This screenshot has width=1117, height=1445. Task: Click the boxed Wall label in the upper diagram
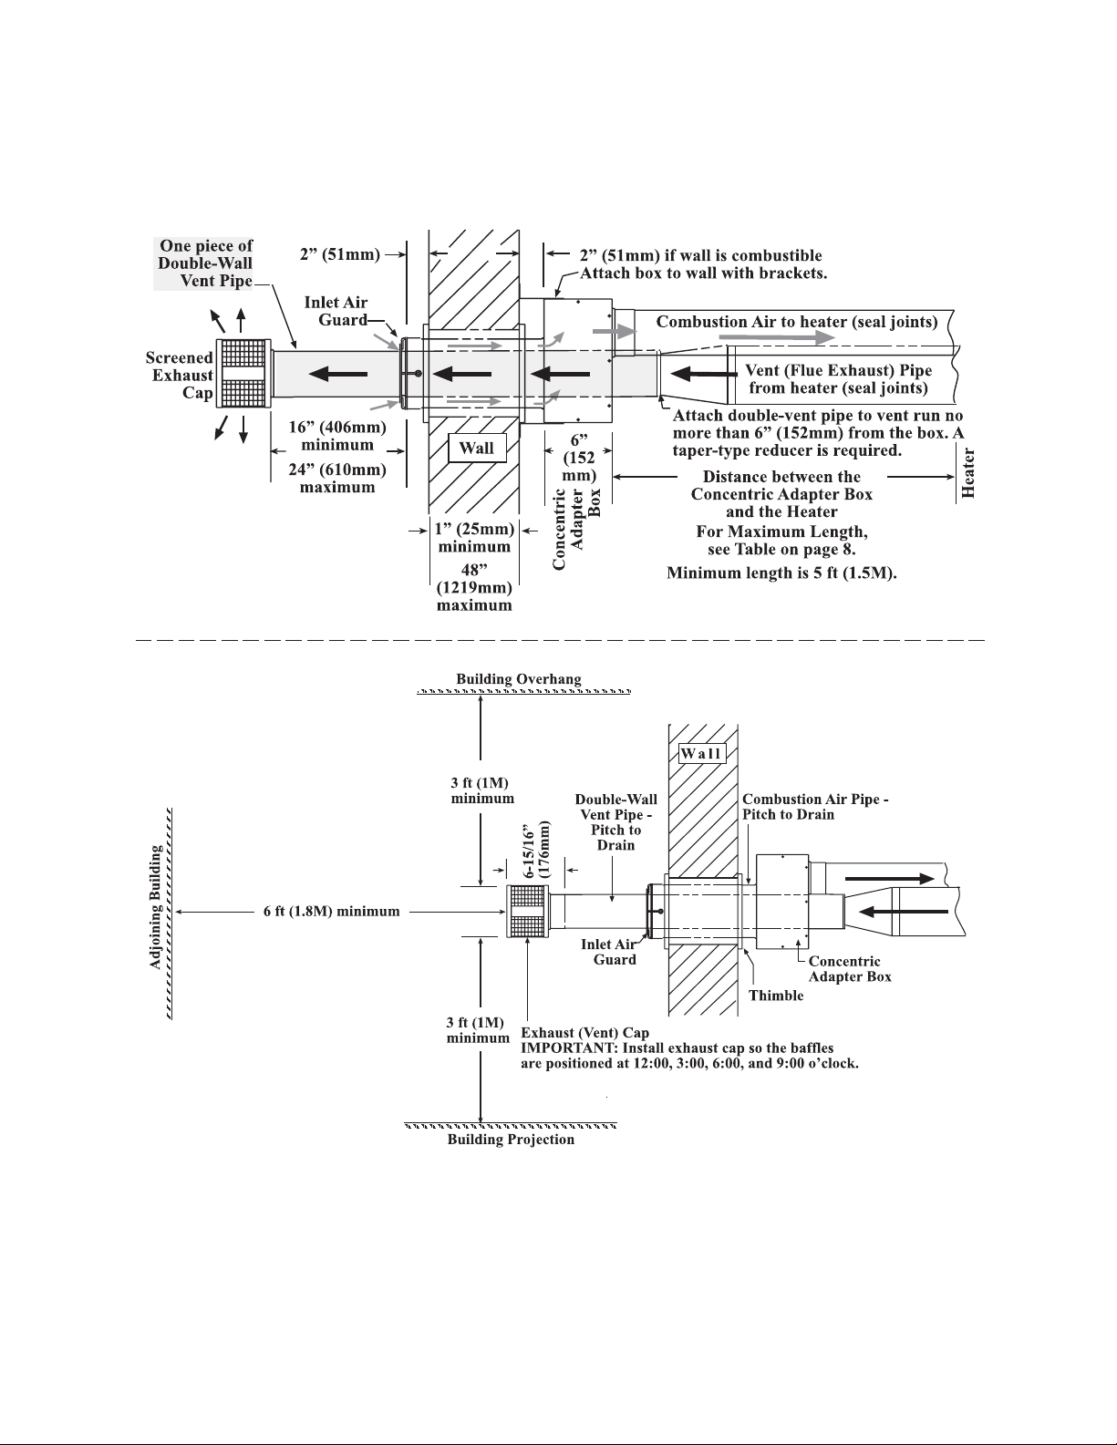477,449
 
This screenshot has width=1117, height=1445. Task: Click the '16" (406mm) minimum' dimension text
337,436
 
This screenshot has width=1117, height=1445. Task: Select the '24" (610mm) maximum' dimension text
337,479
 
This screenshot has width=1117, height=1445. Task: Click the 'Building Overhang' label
518,679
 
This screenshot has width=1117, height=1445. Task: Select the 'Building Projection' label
511,1140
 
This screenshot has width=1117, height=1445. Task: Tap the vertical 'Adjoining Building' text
156,908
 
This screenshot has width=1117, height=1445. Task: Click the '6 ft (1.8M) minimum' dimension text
326,912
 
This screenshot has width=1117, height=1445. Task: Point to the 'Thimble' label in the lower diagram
776,996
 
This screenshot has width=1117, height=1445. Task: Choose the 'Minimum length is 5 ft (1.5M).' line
782,573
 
